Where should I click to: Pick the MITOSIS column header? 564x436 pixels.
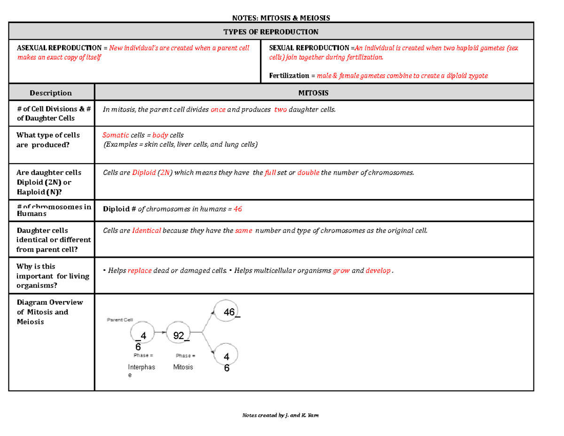pyautogui.click(x=314, y=93)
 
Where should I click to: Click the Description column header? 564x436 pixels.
pyautogui.click(x=51, y=93)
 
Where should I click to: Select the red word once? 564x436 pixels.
pyautogui.click(x=218, y=110)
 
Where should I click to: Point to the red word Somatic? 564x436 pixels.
pyautogui.click(x=116, y=135)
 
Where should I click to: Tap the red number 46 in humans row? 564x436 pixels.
pyautogui.click(x=238, y=209)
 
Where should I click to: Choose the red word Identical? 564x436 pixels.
pyautogui.click(x=147, y=230)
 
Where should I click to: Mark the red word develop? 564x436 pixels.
pyautogui.click(x=378, y=270)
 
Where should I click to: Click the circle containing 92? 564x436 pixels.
pyautogui.click(x=179, y=335)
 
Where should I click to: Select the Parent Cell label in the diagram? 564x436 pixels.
pyautogui.click(x=121, y=319)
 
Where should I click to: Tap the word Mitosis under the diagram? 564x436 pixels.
pyautogui.click(x=183, y=367)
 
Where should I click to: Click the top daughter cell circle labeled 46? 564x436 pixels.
pyautogui.click(x=226, y=311)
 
